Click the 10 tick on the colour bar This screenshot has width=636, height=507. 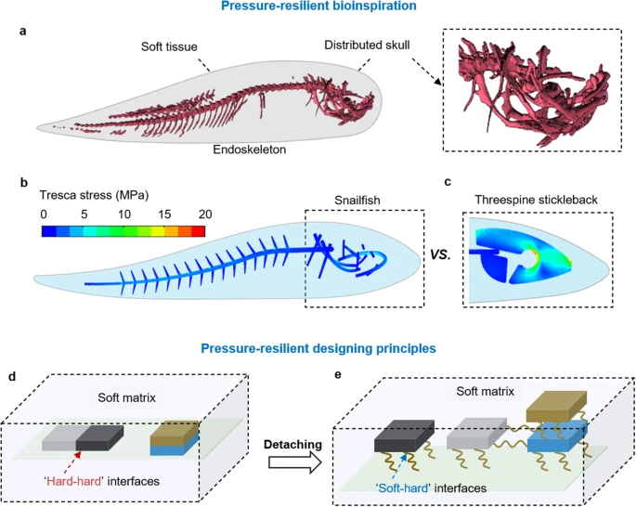point(123,214)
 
